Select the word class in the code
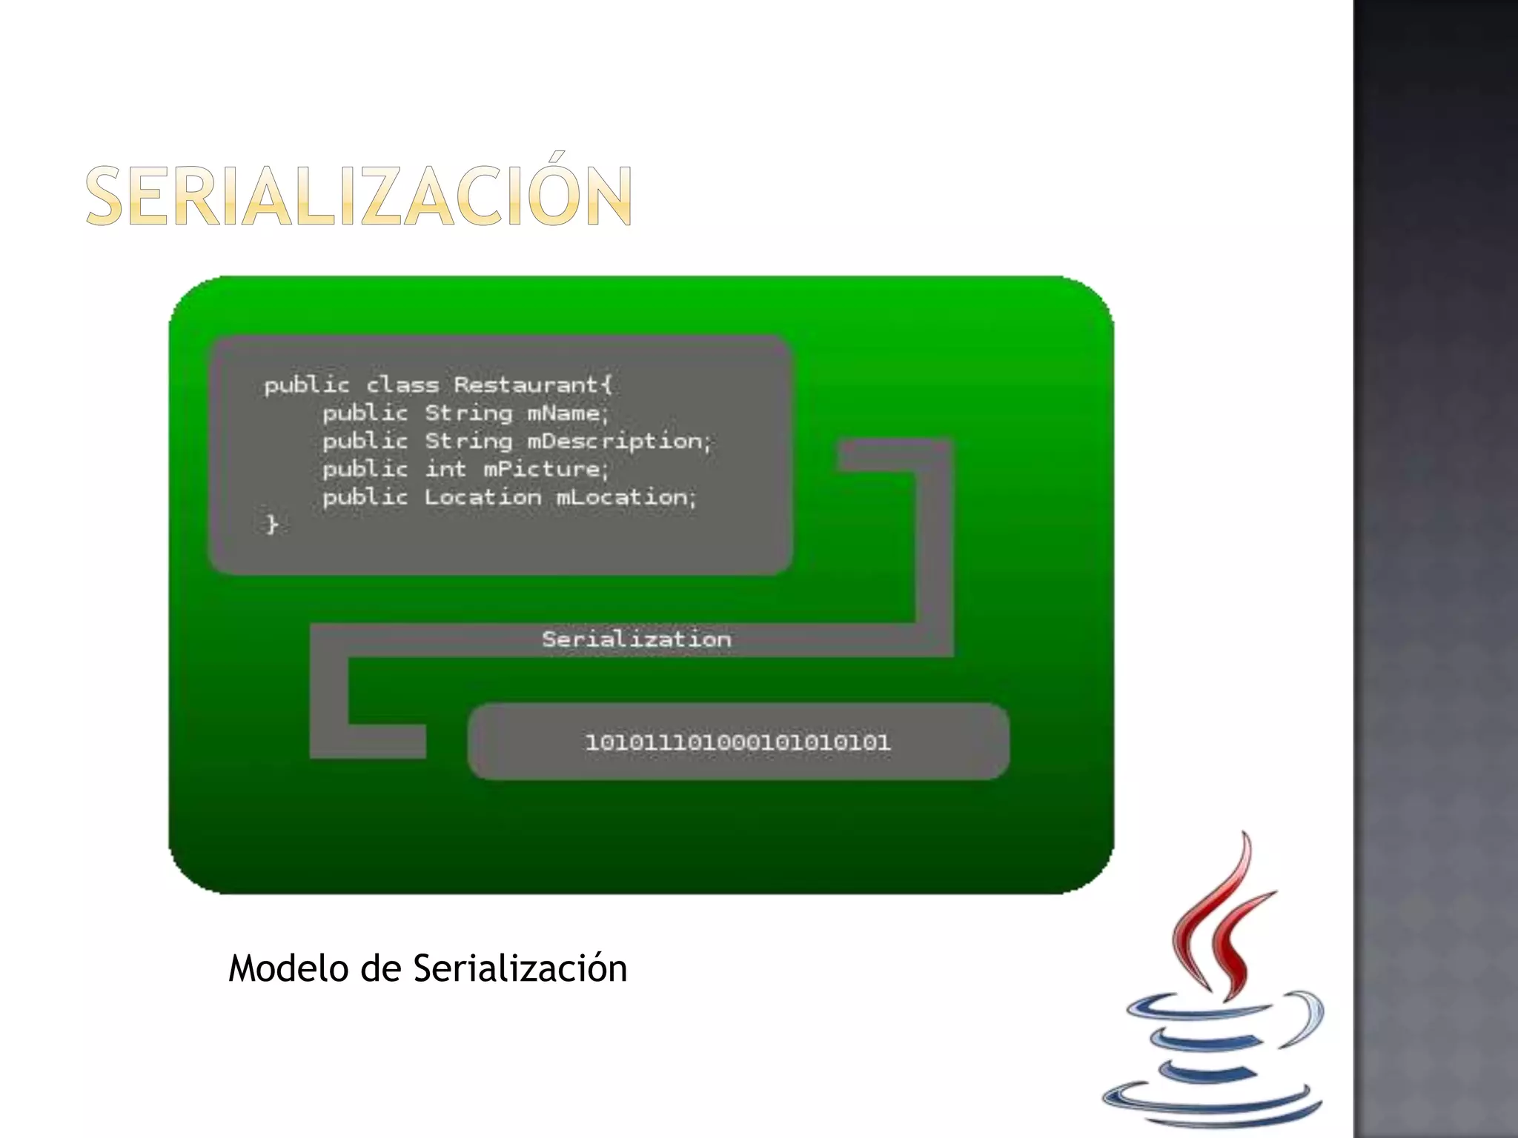coord(402,385)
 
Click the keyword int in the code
coord(445,469)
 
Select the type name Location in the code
coord(483,497)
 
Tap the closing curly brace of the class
coord(272,525)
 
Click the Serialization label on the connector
coord(636,639)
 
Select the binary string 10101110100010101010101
coord(738,742)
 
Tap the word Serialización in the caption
coord(520,968)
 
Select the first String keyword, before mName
coord(468,413)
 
